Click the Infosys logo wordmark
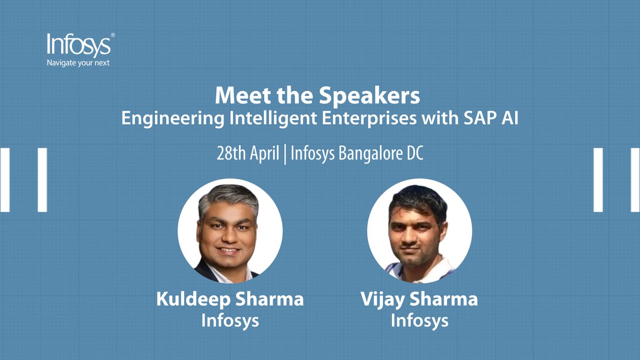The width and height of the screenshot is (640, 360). tap(79, 45)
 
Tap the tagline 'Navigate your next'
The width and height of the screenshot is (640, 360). tap(79, 62)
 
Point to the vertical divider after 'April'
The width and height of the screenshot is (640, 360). tap(285, 154)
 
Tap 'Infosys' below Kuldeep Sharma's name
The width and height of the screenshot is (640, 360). tap(230, 321)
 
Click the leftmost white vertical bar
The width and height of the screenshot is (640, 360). tap(5, 180)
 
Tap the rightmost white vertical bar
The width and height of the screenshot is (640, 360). tap(635, 180)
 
